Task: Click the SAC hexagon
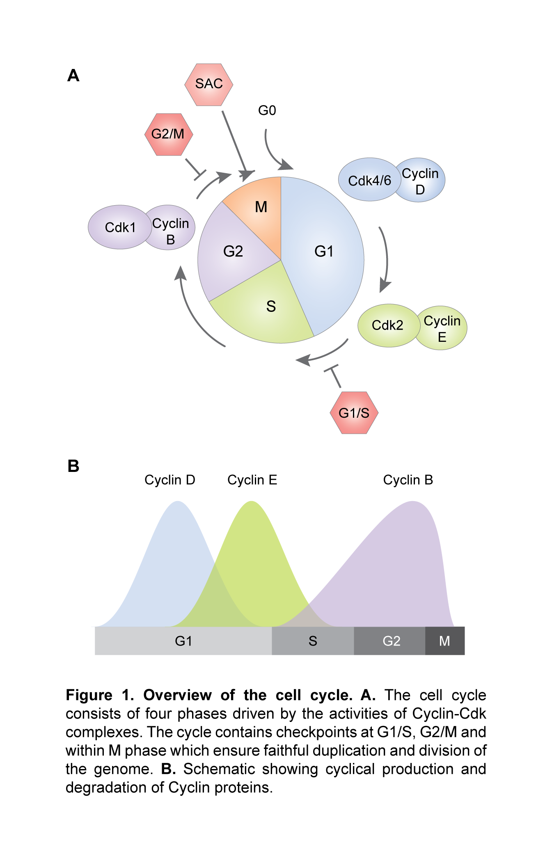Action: click(x=209, y=85)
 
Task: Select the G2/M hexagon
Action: click(x=169, y=135)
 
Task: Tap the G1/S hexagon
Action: click(x=354, y=413)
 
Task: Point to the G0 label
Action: click(x=267, y=110)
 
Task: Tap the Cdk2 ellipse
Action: click(x=387, y=325)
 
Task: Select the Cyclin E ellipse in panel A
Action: click(x=442, y=328)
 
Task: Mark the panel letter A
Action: click(x=73, y=76)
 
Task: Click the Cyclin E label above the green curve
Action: click(x=252, y=480)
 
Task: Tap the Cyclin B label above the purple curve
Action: click(x=408, y=480)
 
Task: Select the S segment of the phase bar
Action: click(x=313, y=641)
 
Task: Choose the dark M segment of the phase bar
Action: click(x=444, y=641)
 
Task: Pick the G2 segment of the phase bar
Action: click(x=391, y=641)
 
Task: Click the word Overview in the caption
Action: click(x=177, y=695)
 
